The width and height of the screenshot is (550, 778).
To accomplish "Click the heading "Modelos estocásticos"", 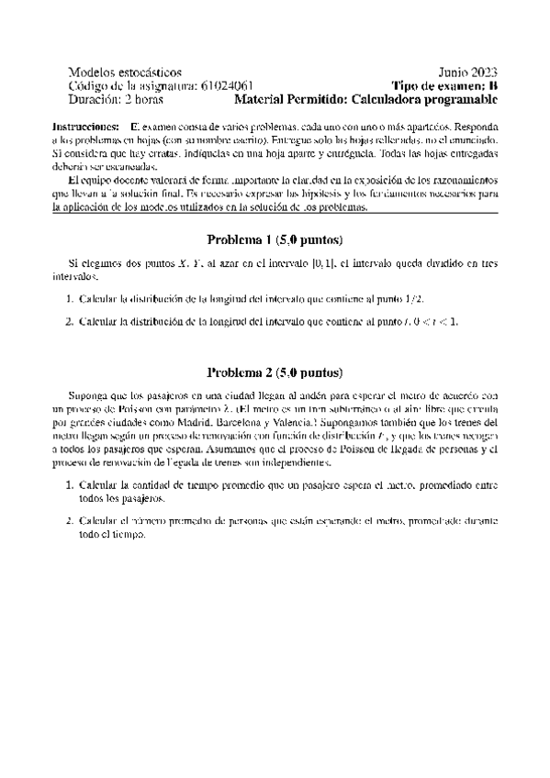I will (125, 72).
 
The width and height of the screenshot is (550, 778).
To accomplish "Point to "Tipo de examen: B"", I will (444, 85).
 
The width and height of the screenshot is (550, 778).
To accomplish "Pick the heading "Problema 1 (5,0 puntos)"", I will (275, 240).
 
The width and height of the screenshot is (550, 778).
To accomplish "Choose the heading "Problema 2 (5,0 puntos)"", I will (275, 373).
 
